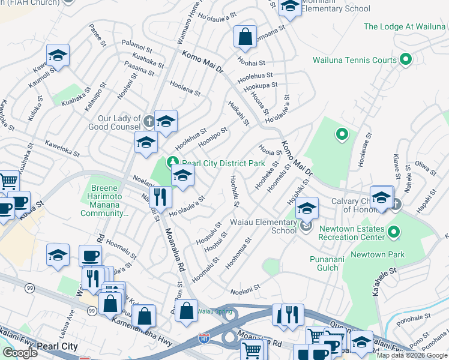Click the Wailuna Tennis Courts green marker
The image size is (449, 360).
[x=405, y=59]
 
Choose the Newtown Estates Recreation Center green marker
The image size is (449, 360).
[x=394, y=232]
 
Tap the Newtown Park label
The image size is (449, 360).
[x=378, y=255]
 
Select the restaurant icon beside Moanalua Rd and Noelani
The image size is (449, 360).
[x=161, y=196]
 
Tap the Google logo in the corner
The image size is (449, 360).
[x=19, y=353]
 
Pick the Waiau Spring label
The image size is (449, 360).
[x=215, y=311]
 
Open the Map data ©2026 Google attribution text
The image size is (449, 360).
[x=412, y=355]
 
